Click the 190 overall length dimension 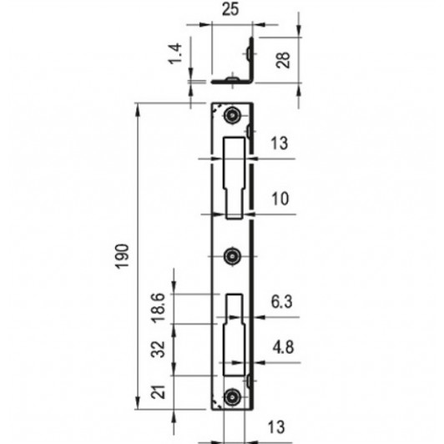pos(123,256)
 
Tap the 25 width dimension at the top pos(230,9)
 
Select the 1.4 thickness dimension pos(174,53)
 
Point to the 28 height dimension pos(283,60)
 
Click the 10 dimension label pos(280,199)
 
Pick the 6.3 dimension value pos(281,301)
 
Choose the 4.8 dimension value pos(283,347)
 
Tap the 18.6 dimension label pos(158,308)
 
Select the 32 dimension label pos(158,349)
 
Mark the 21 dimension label pos(158,392)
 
